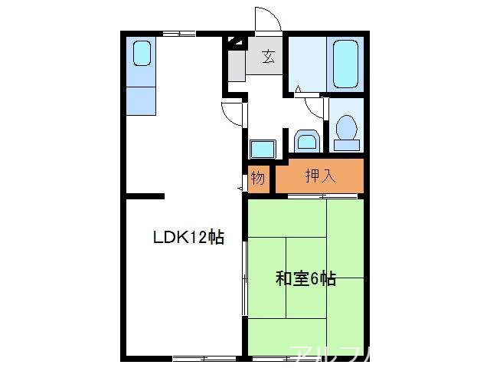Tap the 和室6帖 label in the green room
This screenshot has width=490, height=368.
305,278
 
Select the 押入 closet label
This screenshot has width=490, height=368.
320,176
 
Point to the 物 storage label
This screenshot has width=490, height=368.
258,178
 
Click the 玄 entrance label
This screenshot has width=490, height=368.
269,56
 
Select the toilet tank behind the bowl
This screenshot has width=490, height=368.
347,143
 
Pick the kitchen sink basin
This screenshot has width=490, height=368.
142,54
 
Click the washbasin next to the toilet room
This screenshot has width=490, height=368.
306,141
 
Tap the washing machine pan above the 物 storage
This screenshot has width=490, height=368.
262,149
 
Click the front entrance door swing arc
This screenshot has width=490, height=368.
266,18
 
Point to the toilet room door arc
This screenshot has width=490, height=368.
314,106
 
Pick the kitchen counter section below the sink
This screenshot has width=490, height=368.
142,98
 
